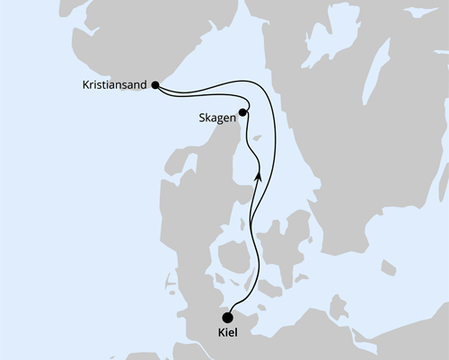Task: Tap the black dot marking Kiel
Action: (x=228, y=316)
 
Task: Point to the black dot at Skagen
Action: (x=243, y=114)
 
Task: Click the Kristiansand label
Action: (x=114, y=87)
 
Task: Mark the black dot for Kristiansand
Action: (x=156, y=86)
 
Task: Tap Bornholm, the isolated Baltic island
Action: (x=388, y=267)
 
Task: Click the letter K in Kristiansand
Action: (x=82, y=87)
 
